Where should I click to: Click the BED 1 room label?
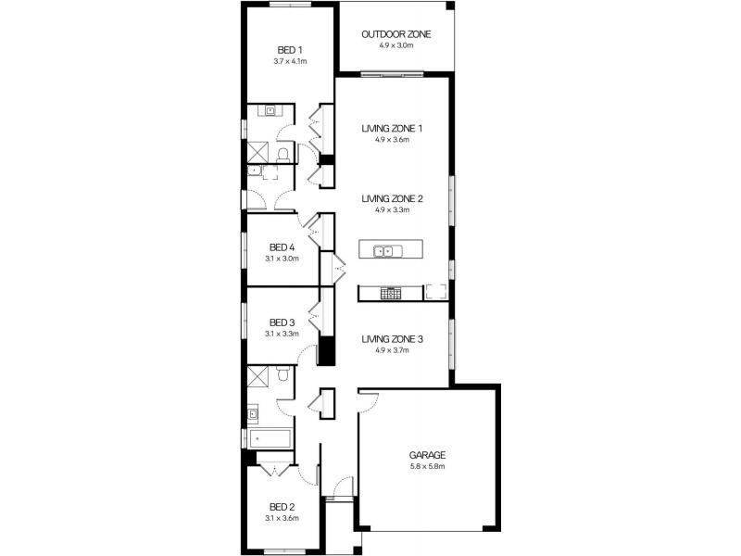290,50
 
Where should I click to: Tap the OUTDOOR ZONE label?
396,34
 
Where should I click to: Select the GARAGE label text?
427,455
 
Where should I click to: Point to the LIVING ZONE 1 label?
392,128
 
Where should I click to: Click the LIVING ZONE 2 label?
392,198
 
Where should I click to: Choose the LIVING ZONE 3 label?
392,339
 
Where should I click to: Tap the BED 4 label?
283,247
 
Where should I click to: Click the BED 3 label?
283,322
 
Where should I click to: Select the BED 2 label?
283,507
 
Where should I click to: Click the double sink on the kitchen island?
388,251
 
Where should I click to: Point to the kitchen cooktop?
391,294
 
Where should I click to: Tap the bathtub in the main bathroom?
270,438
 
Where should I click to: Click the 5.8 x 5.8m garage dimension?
427,467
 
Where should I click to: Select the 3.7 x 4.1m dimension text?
290,61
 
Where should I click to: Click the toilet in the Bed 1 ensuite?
283,155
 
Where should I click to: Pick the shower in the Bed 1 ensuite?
258,152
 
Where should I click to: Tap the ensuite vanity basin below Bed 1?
270,110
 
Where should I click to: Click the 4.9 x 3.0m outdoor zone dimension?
396,45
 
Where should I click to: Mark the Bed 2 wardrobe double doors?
275,470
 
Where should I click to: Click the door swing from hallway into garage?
369,402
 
